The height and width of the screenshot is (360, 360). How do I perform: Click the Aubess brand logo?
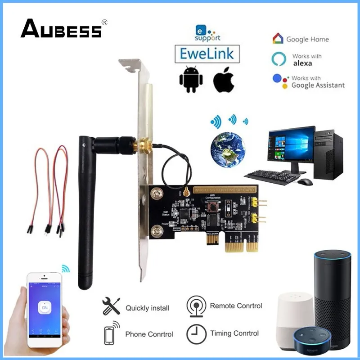point(61,30)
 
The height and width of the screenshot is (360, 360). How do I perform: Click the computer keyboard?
point(272,177)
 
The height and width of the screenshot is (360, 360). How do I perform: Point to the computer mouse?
point(305,182)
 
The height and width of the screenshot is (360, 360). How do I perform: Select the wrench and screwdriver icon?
point(111,306)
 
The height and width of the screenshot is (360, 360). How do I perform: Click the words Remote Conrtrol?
point(236,306)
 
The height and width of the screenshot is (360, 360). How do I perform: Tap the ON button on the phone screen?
point(44,307)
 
